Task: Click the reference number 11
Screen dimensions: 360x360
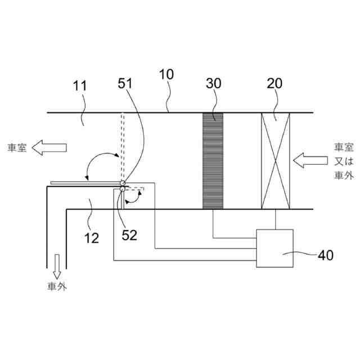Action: tap(80, 86)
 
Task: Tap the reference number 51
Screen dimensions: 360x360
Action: tap(125, 83)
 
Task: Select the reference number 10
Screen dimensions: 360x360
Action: tap(166, 74)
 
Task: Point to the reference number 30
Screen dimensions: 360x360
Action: tap(214, 83)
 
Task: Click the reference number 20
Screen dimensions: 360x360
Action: tap(274, 83)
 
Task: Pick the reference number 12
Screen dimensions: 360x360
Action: tap(92, 238)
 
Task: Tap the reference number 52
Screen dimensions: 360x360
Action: tap(129, 235)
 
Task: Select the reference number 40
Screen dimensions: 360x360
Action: tap(326, 255)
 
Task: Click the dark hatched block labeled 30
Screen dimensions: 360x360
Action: tap(213, 161)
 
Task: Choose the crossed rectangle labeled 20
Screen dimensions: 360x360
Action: tap(276, 161)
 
